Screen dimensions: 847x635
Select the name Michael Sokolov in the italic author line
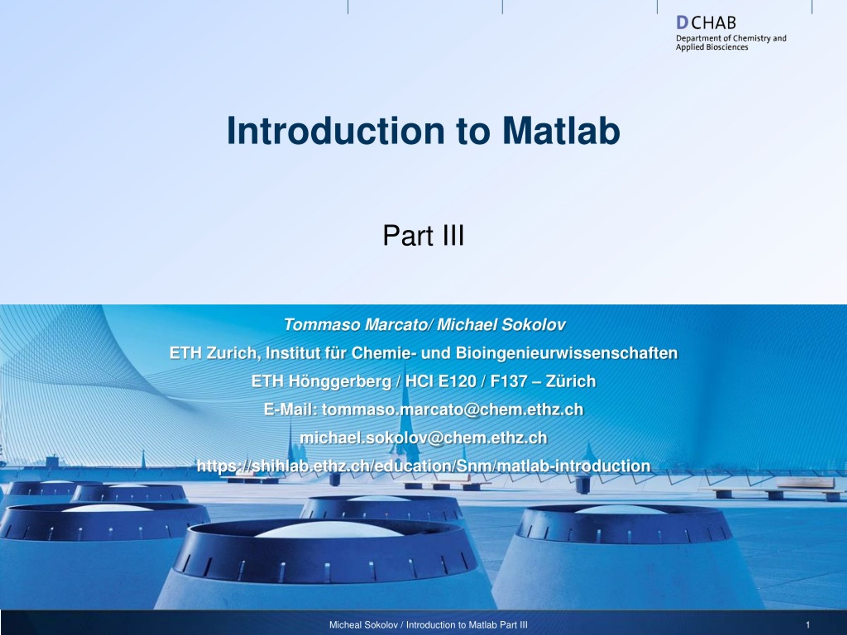pos(501,325)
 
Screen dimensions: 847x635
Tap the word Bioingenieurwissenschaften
pos(567,353)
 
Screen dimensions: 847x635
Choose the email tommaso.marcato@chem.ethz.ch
pos(453,410)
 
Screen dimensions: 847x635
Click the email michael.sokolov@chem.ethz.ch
pos(423,438)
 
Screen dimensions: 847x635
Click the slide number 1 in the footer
pos(808,625)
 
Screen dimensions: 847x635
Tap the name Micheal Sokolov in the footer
pos(363,625)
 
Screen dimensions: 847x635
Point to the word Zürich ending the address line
pos(571,382)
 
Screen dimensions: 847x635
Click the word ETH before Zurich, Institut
pos(185,353)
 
